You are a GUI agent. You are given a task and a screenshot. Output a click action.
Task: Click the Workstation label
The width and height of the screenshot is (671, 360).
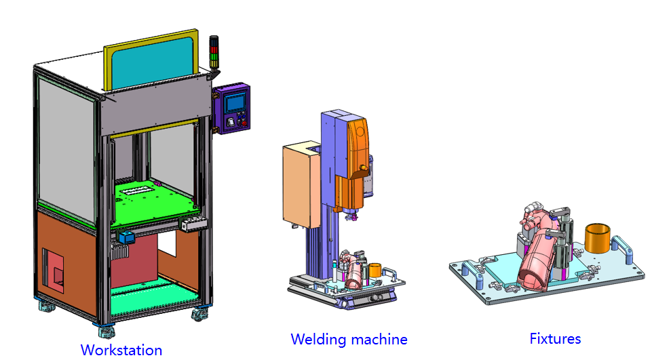[121, 350]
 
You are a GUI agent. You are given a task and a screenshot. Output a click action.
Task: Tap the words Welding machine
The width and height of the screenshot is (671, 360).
[349, 339]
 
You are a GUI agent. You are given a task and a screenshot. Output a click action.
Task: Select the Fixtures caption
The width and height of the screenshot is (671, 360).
[555, 338]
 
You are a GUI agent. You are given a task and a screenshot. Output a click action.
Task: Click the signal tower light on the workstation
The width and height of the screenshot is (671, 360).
[214, 53]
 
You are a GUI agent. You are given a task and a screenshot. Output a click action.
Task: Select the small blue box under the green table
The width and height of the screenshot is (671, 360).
[126, 239]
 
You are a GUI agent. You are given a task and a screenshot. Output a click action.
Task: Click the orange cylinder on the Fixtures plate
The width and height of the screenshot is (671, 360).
[596, 238]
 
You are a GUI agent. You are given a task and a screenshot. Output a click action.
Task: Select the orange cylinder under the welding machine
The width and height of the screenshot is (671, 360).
[375, 271]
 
